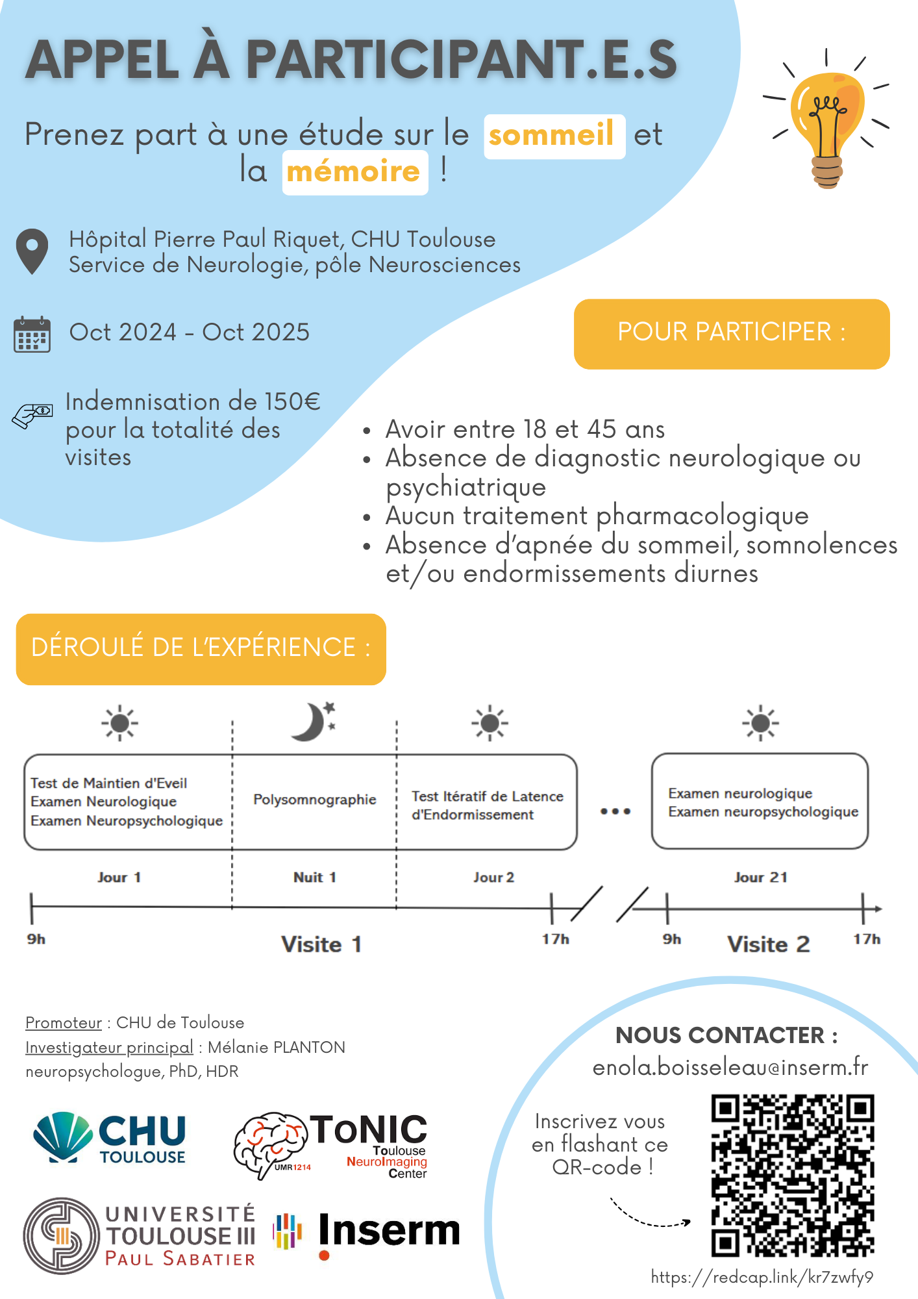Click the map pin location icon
[32, 251]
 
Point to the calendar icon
[32, 334]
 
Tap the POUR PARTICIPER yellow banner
[732, 334]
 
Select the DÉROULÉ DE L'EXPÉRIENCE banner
[201, 649]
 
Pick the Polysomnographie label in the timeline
[315, 800]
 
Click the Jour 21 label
[760, 877]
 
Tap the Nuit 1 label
[315, 877]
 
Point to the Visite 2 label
[769, 944]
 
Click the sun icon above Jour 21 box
[761, 723]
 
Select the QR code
[793, 1176]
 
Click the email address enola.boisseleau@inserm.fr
[730, 1068]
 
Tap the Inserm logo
[368, 1232]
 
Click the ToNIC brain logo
[331, 1146]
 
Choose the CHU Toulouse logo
[110, 1138]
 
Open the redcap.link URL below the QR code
[762, 1278]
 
